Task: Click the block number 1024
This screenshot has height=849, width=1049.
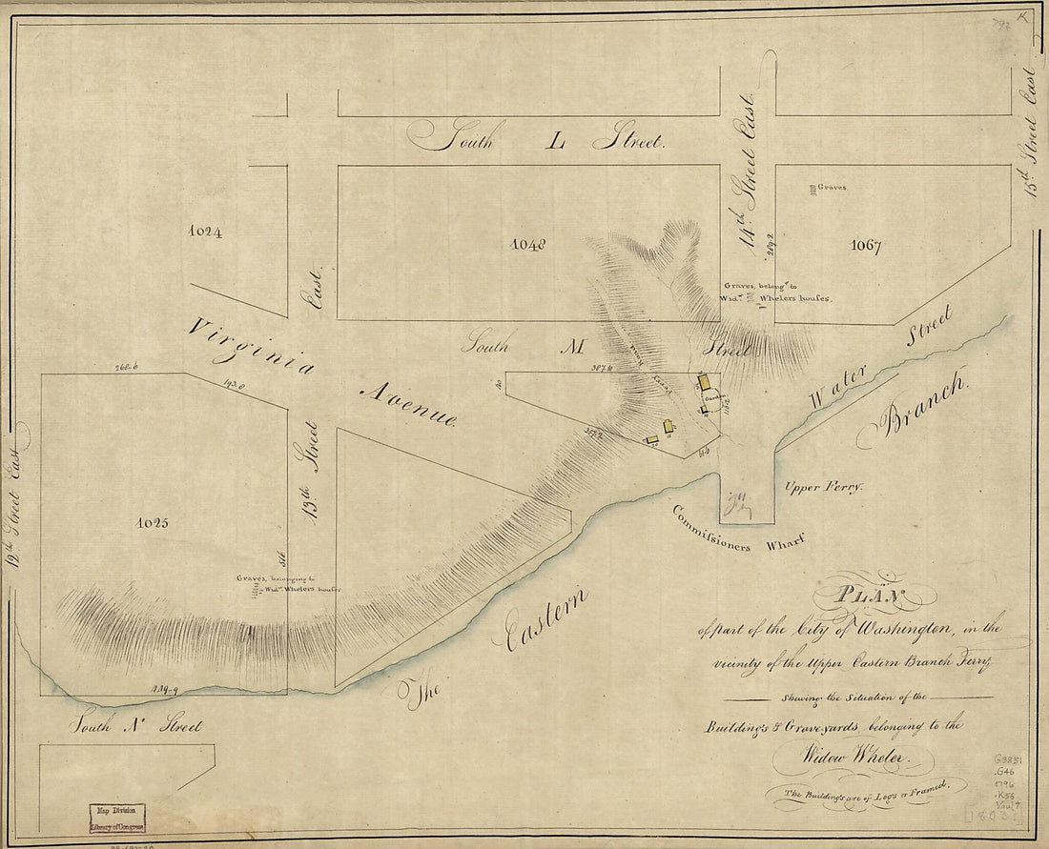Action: coord(205,232)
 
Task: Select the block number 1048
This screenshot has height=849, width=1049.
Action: coord(526,243)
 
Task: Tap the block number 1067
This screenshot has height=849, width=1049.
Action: coord(865,245)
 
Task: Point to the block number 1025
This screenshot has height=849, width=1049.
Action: coord(152,523)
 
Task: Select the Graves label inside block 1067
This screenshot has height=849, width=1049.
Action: coord(831,188)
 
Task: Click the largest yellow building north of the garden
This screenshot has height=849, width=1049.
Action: coord(707,382)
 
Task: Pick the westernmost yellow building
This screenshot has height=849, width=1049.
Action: coord(652,439)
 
